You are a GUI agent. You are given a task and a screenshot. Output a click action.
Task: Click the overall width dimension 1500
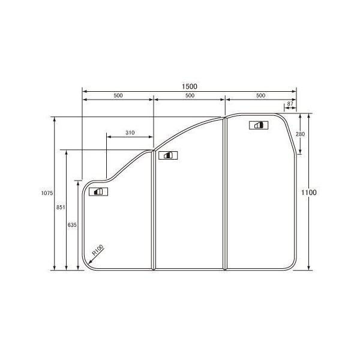tap(189, 86)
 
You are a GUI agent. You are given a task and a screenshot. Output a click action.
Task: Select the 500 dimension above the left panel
tap(118, 96)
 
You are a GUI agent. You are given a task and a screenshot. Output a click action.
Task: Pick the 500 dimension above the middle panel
tap(189, 96)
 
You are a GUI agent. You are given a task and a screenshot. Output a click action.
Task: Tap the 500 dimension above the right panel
tap(260, 96)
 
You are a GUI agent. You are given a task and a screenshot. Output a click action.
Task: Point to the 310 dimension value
tap(130, 132)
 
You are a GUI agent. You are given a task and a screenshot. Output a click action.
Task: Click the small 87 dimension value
tap(290, 104)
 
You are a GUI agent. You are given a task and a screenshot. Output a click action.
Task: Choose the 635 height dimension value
tap(72, 224)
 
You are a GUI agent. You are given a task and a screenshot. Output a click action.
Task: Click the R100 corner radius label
tap(98, 249)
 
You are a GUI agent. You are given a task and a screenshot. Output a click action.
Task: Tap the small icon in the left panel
tap(97, 192)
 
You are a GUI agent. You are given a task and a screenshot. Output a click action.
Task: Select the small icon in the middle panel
tap(166, 155)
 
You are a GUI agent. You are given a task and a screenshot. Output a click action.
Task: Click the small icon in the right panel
tap(259, 125)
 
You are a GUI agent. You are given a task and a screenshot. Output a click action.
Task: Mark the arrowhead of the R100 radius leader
tap(91, 260)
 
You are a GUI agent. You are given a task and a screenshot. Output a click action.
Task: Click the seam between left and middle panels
tap(154, 210)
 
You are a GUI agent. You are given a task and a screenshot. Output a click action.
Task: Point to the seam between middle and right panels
tap(225, 192)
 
